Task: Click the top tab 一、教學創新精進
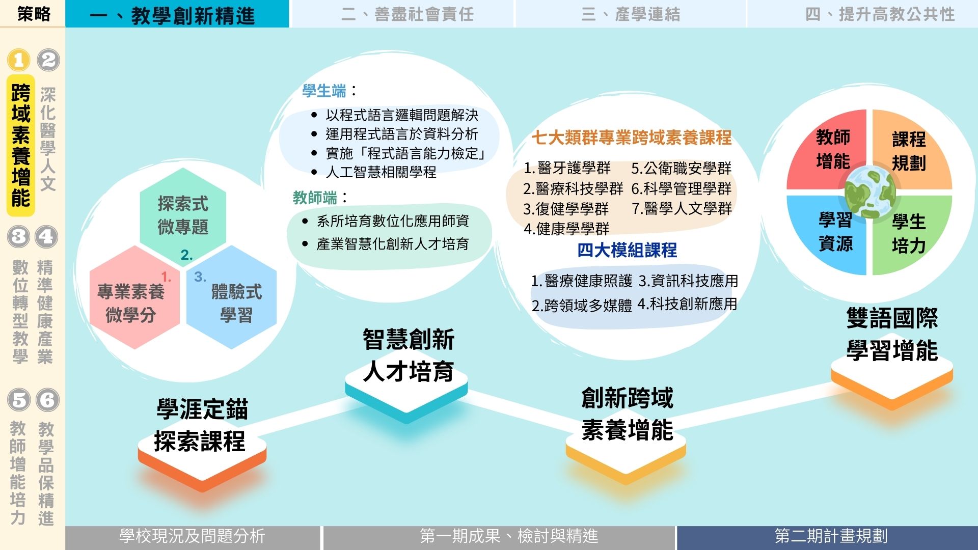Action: (177, 14)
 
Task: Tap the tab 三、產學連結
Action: (631, 14)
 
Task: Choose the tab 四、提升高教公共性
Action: (862, 14)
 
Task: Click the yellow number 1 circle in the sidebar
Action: (19, 60)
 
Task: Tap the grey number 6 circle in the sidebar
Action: (47, 400)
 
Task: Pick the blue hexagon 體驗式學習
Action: (231, 297)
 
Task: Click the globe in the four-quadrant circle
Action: (870, 192)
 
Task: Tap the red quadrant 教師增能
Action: (828, 150)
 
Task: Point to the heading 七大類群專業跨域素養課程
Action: (632, 137)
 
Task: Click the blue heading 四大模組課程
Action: (627, 250)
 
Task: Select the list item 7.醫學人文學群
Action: (682, 208)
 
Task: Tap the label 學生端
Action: (324, 91)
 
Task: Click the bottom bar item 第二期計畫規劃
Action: (831, 536)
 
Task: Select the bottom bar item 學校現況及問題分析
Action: (193, 536)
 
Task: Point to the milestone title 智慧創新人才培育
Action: (409, 355)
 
